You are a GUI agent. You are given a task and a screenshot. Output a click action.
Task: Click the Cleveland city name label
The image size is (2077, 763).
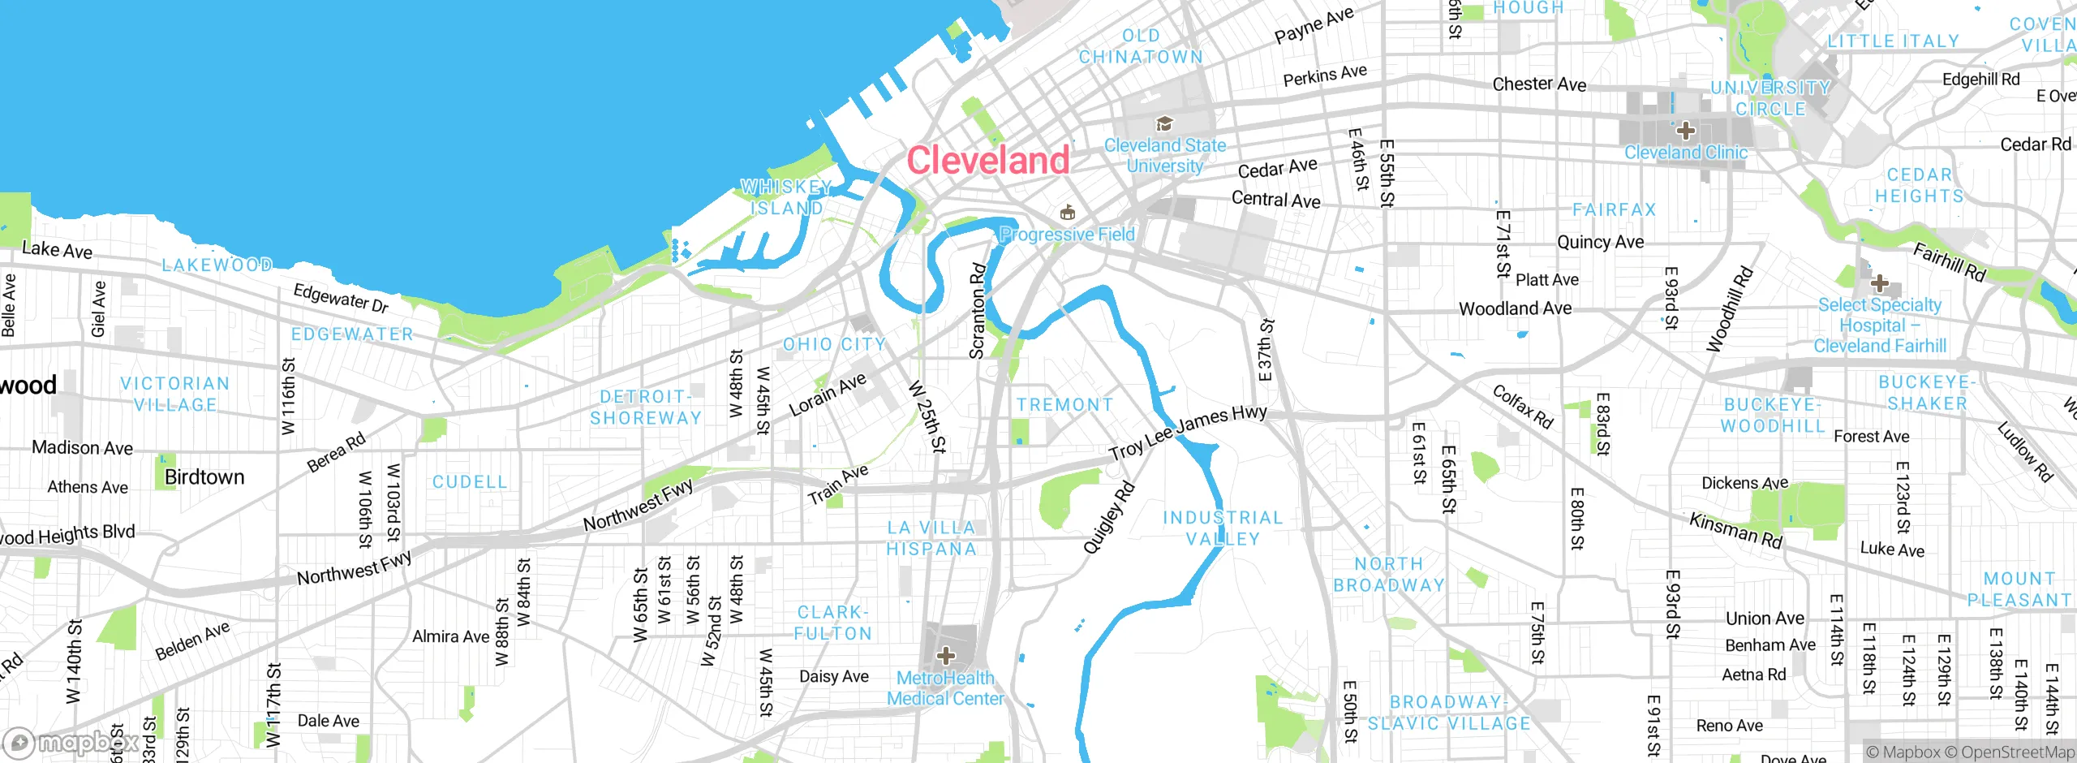click(x=987, y=160)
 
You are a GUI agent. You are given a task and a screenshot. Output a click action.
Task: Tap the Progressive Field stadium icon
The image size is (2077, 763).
click(x=1068, y=213)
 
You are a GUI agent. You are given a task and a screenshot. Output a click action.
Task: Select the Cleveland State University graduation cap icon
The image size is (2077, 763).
click(x=1164, y=124)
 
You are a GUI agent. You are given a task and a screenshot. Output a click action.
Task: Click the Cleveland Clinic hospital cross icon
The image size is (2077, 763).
click(x=1685, y=131)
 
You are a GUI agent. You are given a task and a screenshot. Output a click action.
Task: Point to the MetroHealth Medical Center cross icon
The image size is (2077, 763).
click(x=945, y=655)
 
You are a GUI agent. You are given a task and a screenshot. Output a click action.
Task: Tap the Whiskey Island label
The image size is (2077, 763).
click(x=786, y=198)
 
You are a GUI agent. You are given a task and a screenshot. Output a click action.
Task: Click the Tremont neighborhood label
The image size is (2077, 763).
click(x=1064, y=404)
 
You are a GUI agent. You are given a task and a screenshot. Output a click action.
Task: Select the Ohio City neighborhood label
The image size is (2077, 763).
click(x=834, y=344)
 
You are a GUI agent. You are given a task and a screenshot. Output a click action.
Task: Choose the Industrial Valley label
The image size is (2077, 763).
click(x=1223, y=528)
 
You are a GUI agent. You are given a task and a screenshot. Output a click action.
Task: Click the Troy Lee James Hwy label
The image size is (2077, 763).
click(x=1188, y=432)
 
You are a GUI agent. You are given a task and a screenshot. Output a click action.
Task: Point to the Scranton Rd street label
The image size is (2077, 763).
click(x=978, y=310)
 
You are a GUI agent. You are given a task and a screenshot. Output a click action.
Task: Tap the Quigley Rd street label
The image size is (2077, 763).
click(x=1108, y=518)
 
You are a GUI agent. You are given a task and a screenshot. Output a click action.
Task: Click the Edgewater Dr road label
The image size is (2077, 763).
click(x=341, y=298)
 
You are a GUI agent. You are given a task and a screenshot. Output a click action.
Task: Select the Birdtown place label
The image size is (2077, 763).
click(x=204, y=477)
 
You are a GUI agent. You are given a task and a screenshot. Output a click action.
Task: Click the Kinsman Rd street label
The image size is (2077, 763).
click(x=1735, y=530)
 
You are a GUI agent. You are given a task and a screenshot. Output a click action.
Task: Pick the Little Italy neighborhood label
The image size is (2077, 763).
click(x=1893, y=41)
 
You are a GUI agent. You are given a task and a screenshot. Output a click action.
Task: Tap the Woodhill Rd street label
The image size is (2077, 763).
click(x=1729, y=309)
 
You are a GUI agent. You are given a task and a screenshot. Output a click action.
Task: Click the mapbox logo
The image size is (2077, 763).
click(x=71, y=742)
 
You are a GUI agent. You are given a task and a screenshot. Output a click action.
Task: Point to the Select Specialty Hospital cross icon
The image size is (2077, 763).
click(x=1879, y=283)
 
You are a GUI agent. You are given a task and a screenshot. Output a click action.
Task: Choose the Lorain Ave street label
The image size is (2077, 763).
click(x=828, y=395)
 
